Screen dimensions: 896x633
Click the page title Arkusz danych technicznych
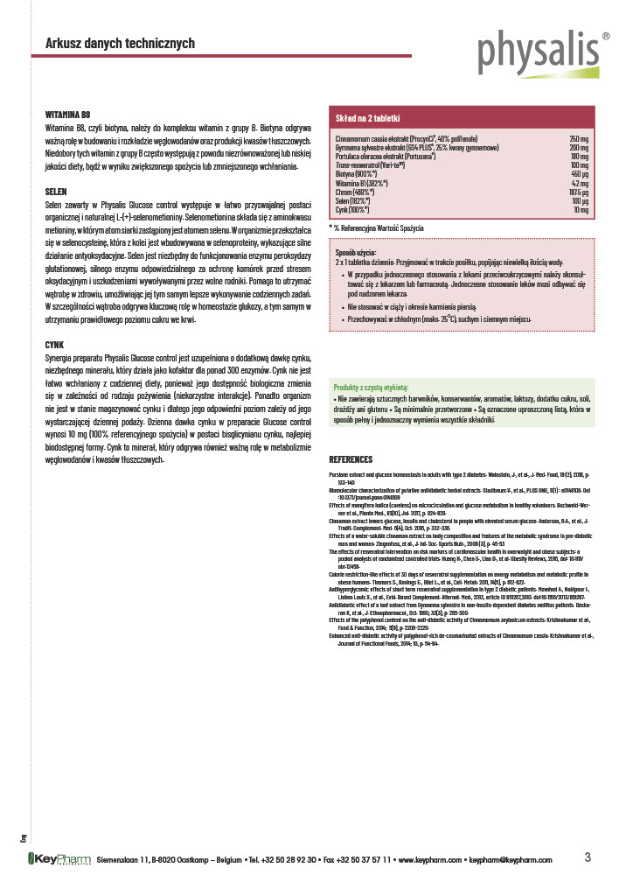[x=120, y=44]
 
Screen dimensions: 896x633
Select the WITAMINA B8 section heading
[x=67, y=115]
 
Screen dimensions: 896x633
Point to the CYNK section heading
[x=55, y=346]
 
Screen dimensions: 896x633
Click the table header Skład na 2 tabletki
[x=369, y=116]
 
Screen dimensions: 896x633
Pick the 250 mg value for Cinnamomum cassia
[x=579, y=139]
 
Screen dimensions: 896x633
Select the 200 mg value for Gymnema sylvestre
[x=579, y=148]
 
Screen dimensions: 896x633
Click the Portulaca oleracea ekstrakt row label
[x=386, y=157]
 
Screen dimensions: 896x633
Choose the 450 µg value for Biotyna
[x=579, y=174]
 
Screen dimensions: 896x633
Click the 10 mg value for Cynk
[x=581, y=210]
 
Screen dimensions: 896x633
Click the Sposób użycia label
[x=358, y=253]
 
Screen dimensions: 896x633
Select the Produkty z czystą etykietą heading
[x=377, y=386]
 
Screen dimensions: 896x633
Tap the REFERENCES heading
[x=351, y=459]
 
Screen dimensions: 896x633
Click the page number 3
[x=588, y=857]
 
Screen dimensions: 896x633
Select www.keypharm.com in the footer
[x=430, y=861]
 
